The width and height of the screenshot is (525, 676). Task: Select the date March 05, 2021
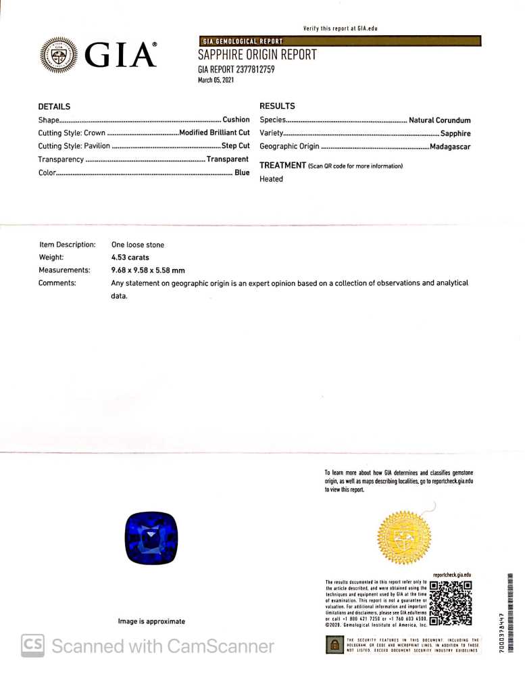216,80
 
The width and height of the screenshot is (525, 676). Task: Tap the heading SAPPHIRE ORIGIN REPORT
257,55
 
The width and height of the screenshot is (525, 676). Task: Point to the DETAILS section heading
54,107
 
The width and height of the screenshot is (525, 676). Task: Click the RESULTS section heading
277,106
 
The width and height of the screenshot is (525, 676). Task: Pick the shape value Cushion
236,120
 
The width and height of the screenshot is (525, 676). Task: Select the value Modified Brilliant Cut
214,133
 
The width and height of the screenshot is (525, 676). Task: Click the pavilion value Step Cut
235,146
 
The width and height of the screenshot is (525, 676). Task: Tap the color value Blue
242,172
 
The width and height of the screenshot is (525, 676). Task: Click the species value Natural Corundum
439,120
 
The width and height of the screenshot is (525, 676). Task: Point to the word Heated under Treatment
271,179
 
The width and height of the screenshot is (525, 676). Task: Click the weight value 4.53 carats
130,258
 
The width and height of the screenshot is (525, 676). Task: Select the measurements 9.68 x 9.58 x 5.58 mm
147,270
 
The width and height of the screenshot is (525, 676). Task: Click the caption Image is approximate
151,621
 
